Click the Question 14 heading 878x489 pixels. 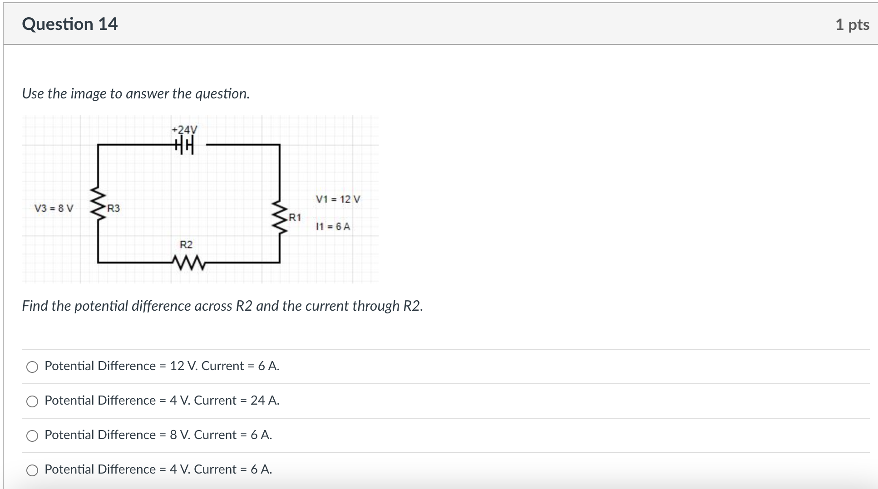tap(69, 24)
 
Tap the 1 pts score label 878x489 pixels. tap(852, 24)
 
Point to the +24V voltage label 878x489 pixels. tap(185, 130)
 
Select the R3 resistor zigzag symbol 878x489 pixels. tap(98, 205)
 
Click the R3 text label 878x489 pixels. tap(113, 208)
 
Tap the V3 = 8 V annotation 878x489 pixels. tap(54, 208)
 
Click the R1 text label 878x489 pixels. tap(295, 217)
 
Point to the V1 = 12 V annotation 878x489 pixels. tap(338, 199)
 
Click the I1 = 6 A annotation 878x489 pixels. tap(333, 226)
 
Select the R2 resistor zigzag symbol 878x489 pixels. tap(188, 263)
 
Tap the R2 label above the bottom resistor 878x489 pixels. tap(186, 244)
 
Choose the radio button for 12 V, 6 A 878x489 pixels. tap(32, 367)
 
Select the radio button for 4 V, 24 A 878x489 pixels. tap(32, 401)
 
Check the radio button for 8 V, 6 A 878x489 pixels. tap(32, 436)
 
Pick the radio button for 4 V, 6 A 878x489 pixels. tap(32, 470)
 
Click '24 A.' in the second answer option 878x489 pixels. tap(265, 401)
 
